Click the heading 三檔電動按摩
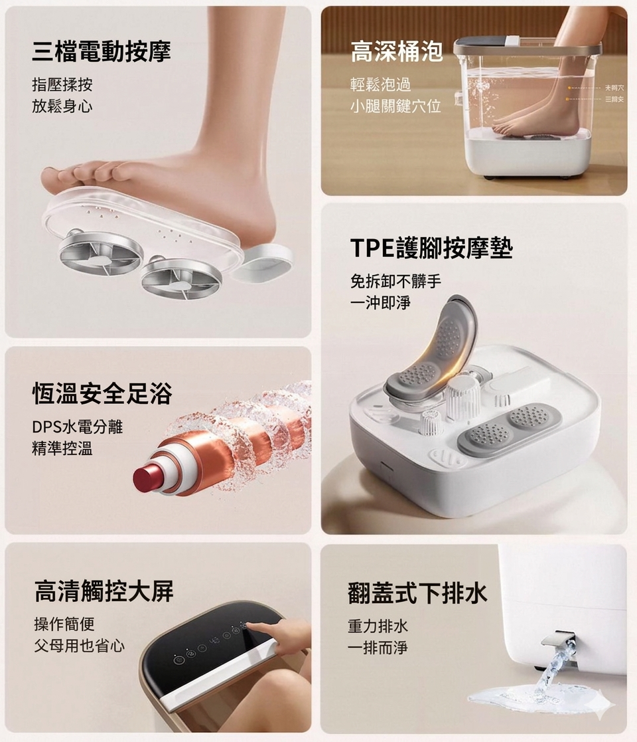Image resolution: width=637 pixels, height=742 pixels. coord(102,51)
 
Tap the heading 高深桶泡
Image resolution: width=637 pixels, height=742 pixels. coord(396,51)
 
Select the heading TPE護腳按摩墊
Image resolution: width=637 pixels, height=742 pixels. coord(431,247)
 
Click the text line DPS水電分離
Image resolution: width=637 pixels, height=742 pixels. coord(78,426)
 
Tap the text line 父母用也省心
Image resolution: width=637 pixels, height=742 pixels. coord(79,645)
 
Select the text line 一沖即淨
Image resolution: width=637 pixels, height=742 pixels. coord(380,302)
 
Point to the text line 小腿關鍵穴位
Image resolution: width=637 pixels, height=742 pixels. coord(395,106)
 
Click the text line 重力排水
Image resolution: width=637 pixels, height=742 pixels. coord(378,626)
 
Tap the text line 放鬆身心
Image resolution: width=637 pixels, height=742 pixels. coord(62,106)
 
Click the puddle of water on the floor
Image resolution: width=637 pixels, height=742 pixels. coord(531,697)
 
